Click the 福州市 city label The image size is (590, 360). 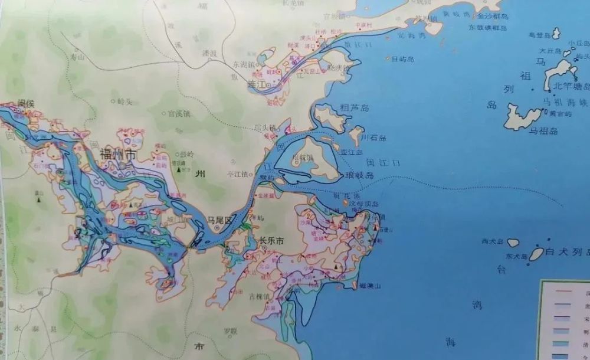[118, 155]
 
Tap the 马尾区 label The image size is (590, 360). [219, 220]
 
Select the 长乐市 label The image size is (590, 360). [272, 241]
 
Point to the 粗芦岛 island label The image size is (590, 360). [355, 109]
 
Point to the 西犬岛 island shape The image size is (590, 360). [512, 243]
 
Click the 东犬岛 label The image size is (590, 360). [517, 257]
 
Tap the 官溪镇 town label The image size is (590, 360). [179, 113]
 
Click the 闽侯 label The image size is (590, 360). [27, 103]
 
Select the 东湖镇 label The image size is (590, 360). [243, 63]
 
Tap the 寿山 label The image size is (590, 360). [78, 57]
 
